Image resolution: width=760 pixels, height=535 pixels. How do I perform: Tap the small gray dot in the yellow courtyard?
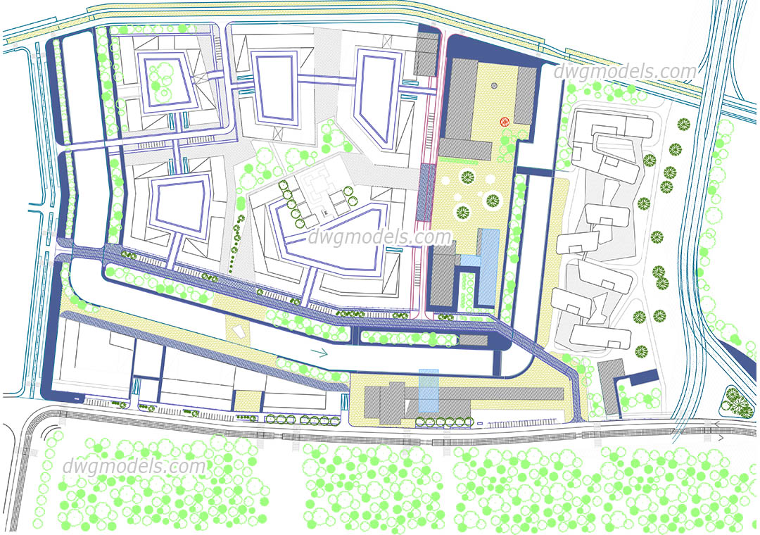tap(494, 85)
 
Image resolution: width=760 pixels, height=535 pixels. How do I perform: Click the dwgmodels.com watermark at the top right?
tap(625, 71)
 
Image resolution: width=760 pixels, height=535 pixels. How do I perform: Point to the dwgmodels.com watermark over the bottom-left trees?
tap(134, 466)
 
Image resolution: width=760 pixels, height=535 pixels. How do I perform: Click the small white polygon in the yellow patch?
tap(237, 331)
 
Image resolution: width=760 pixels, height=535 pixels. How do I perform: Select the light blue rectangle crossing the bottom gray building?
tap(428, 391)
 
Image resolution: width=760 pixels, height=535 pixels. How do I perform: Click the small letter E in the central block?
tap(324, 211)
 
